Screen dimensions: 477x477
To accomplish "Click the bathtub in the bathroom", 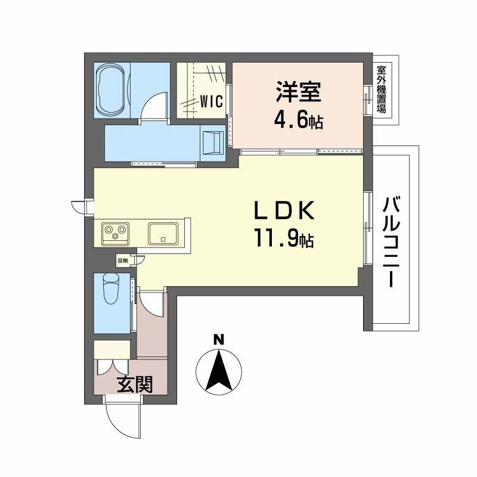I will point(111,91).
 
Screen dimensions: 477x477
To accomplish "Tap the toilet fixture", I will point(111,290).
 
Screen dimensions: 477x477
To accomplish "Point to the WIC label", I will point(211,101).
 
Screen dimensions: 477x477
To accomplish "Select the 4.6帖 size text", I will point(298,121).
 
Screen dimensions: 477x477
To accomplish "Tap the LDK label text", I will point(284,212).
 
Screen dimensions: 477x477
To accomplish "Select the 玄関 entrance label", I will point(134,385).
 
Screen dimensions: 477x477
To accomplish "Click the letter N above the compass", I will point(219,340).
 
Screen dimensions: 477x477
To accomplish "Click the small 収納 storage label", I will point(122,260).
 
